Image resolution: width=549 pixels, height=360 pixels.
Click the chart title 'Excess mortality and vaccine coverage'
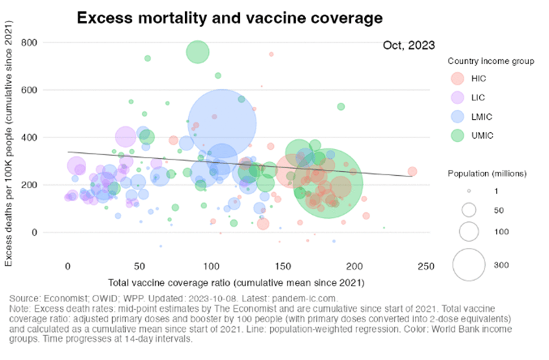coord(229,18)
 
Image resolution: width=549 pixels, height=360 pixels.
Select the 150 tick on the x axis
coord(283,265)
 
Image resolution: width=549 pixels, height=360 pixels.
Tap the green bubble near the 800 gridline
coord(197,52)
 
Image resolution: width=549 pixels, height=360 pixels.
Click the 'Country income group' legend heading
coord(491,61)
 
